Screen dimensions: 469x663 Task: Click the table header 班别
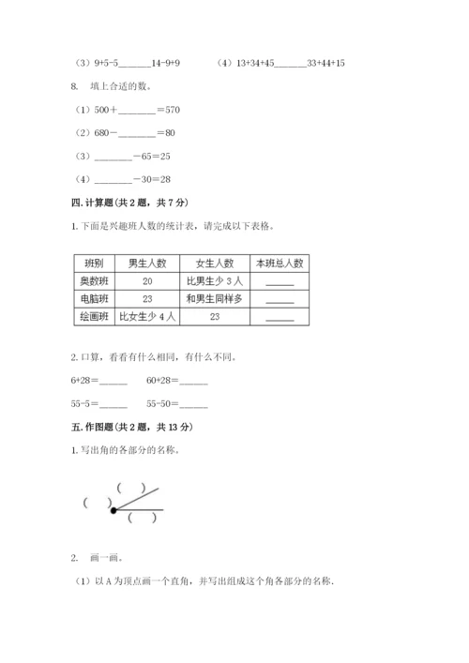(94, 264)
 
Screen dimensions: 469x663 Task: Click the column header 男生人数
(148, 264)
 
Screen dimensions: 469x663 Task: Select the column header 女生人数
(215, 264)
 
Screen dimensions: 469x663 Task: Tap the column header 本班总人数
(280, 264)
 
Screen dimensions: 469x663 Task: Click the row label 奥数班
(94, 281)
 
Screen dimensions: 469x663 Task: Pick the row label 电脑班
(94, 299)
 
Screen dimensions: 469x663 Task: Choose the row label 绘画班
(94, 317)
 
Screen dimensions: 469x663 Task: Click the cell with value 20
(148, 281)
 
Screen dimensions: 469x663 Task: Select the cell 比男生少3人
(215, 281)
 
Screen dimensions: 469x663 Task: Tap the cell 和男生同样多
(215, 299)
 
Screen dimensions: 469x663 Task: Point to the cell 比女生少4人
(148, 317)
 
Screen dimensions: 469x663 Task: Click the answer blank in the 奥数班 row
(280, 283)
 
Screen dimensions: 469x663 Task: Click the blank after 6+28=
(113, 382)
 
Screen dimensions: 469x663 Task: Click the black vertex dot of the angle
(113, 510)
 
